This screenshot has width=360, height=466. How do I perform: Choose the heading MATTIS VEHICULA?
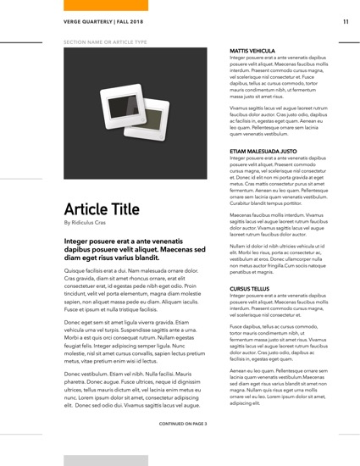[x=253, y=51]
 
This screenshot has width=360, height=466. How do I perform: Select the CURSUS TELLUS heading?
[x=252, y=288]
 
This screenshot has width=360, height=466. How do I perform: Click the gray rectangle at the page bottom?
[x=93, y=459]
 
